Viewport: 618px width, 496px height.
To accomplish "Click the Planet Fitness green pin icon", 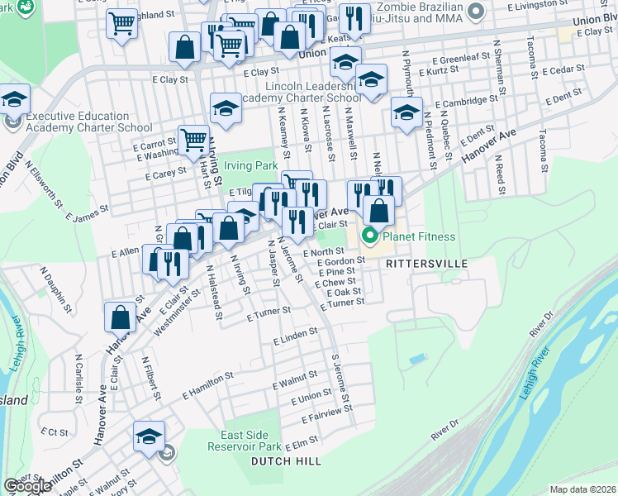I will (x=368, y=238).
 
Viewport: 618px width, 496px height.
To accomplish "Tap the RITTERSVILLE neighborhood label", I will (x=426, y=263).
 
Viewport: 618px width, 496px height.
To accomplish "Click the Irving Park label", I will (x=254, y=166).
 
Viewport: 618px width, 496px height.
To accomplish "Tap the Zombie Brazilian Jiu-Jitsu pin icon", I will (x=476, y=12).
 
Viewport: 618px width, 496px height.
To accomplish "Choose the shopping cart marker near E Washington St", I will (x=193, y=140).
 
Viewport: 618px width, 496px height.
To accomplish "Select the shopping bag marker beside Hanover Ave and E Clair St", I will (x=121, y=317).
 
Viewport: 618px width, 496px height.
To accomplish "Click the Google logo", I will (x=27, y=486).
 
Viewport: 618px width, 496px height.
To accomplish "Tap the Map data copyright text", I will (x=583, y=489).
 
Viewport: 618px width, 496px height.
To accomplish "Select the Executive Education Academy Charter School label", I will (x=88, y=122).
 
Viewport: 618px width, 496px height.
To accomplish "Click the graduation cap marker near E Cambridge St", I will (x=406, y=112).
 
